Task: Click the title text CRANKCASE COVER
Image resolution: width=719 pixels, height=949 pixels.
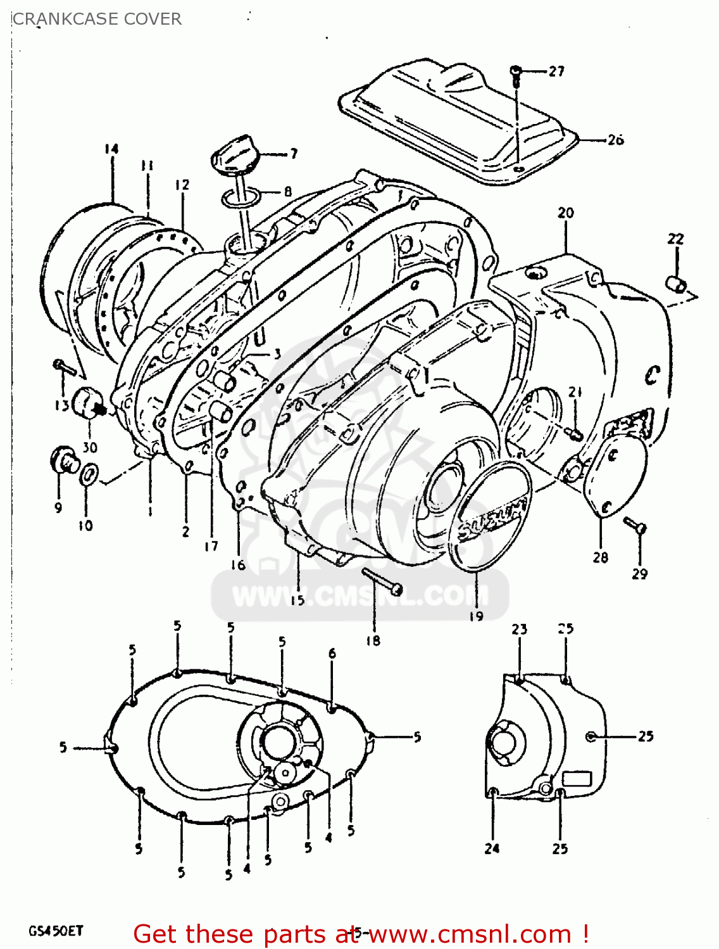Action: (97, 19)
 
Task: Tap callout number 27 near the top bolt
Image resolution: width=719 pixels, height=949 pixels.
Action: (556, 71)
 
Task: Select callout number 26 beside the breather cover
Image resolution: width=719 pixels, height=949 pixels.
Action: (615, 140)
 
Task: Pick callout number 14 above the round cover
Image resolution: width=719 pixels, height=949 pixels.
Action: (111, 149)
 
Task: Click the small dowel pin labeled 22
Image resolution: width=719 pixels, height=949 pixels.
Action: (677, 283)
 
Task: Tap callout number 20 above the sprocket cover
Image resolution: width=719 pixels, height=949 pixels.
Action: (565, 213)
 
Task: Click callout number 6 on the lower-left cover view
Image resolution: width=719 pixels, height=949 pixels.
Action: (332, 654)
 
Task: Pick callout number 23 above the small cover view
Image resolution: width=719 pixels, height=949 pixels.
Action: (520, 630)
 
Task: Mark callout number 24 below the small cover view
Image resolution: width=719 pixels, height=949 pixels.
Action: (492, 848)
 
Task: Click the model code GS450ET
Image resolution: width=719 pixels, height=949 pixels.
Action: (56, 931)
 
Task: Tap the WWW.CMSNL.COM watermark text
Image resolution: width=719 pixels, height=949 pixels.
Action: (359, 596)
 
